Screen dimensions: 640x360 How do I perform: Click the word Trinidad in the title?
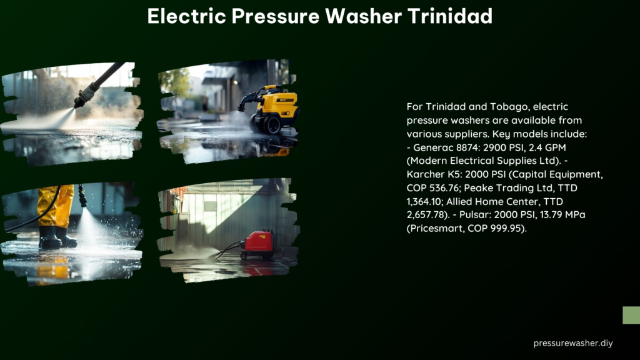[450, 16]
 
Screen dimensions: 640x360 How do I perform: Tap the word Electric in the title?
[186, 16]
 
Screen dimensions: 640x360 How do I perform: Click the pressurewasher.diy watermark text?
[573, 343]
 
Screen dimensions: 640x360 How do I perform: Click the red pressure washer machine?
[258, 244]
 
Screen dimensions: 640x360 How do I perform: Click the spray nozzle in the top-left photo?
[84, 98]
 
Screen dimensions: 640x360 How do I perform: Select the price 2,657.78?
[425, 215]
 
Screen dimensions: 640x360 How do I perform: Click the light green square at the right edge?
[631, 315]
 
